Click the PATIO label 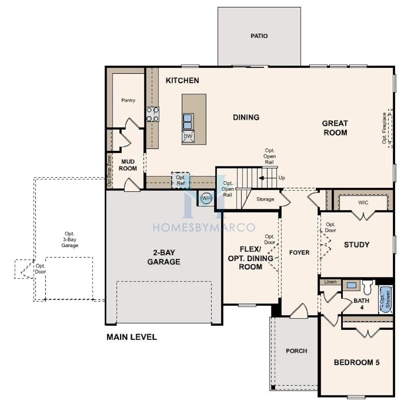[x=259, y=36]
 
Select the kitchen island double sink [x=188, y=122]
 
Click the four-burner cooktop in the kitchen [x=152, y=114]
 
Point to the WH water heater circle [x=206, y=198]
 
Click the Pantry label [x=128, y=100]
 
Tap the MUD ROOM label [x=128, y=165]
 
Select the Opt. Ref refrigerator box [x=180, y=180]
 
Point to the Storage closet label [x=265, y=199]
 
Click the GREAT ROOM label [x=335, y=128]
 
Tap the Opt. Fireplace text [x=384, y=128]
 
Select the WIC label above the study [x=363, y=202]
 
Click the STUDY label [x=357, y=245]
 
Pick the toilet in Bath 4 [x=367, y=287]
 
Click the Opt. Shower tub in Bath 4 [x=386, y=299]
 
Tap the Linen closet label [x=330, y=282]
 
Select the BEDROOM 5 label [x=357, y=362]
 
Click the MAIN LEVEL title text [x=132, y=337]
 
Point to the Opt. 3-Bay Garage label [x=70, y=240]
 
